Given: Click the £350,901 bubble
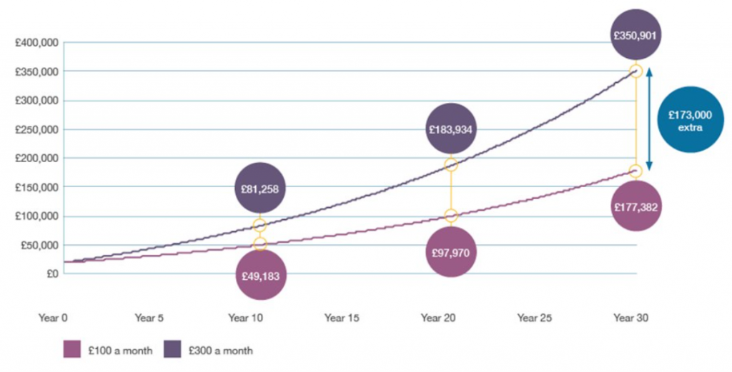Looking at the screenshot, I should pyautogui.click(x=635, y=34).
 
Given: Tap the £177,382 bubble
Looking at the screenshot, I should pyautogui.click(x=635, y=207).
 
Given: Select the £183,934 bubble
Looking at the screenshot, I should pyautogui.click(x=451, y=130).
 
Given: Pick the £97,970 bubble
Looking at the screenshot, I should pyautogui.click(x=451, y=253).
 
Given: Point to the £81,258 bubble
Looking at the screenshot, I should pyautogui.click(x=260, y=189).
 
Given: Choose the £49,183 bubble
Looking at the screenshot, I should pyautogui.click(x=260, y=274).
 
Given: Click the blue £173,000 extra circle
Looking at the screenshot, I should pyautogui.click(x=690, y=120).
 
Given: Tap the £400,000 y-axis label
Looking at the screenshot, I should pyautogui.click(x=36, y=43).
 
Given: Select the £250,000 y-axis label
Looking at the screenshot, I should pyautogui.click(x=36, y=130).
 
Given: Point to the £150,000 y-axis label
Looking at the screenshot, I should pyautogui.click(x=36, y=188).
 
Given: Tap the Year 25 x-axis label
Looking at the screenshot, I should pyautogui.click(x=535, y=318).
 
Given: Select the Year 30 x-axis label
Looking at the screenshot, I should pyautogui.click(x=631, y=318).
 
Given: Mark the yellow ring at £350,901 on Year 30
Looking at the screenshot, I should pyautogui.click(x=635, y=71).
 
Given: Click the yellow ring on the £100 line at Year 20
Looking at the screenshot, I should pyautogui.click(x=451, y=215).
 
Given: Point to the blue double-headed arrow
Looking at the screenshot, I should pyautogui.click(x=649, y=120).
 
